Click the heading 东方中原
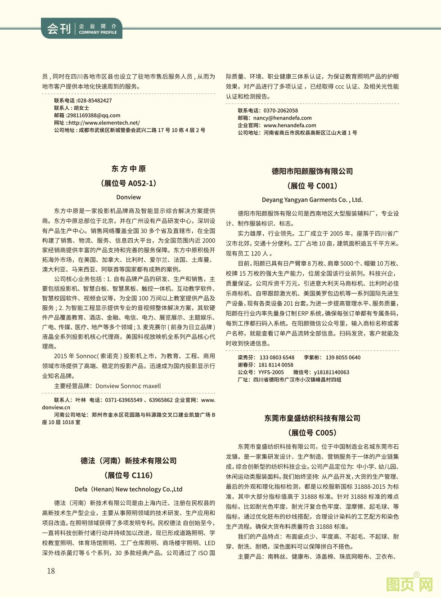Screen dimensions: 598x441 point(129,169)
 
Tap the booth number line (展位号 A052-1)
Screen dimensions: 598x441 point(129,183)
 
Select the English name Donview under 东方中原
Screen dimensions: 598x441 point(129,197)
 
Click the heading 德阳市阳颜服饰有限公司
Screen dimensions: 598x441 point(312,171)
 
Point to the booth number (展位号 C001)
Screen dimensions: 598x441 point(312,186)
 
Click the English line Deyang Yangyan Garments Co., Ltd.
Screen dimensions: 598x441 point(312,200)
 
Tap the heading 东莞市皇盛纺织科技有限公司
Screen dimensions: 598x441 point(312,418)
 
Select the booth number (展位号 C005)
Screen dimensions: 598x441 point(312,433)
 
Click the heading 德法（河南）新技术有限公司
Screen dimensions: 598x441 point(129,461)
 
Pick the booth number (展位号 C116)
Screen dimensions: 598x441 point(129,475)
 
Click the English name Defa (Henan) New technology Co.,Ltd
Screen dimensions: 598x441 point(129,489)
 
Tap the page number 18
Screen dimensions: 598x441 point(51,571)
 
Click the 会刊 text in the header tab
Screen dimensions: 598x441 point(59,29)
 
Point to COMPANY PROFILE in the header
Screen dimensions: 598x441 point(98,32)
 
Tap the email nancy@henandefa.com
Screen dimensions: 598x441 point(283,118)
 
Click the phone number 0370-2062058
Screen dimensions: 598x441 point(281,111)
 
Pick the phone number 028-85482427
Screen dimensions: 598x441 point(94,101)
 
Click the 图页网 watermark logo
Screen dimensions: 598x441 point(409,585)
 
